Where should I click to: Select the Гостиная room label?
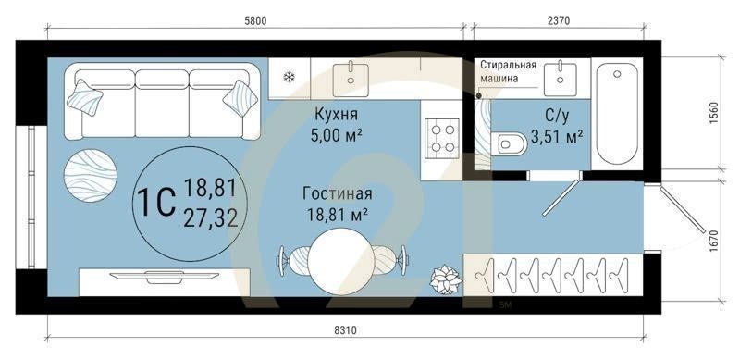click(x=337, y=194)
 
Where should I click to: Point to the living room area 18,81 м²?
click(x=337, y=215)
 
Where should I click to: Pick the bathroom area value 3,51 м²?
click(x=556, y=138)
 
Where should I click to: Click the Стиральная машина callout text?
click(x=508, y=71)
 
